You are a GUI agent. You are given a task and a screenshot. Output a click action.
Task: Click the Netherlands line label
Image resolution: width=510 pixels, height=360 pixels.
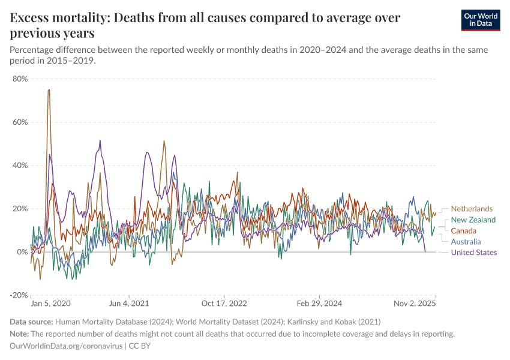coord(472,209)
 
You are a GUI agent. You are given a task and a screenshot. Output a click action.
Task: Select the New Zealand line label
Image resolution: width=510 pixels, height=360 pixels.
coord(473,220)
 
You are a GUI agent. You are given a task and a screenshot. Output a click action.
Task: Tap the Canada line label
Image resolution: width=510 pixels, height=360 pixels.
coord(464,231)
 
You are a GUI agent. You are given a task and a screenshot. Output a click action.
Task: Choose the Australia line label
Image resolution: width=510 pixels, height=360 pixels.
coord(466,242)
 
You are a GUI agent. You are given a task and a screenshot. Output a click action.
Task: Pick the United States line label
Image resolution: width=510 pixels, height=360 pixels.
coord(474,253)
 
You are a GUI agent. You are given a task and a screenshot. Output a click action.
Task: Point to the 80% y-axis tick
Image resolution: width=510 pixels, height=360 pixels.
coord(20,79)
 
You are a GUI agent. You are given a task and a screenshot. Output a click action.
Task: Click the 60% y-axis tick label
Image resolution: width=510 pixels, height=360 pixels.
coord(20,122)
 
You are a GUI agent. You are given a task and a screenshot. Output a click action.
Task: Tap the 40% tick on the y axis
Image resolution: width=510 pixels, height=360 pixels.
coord(20,165)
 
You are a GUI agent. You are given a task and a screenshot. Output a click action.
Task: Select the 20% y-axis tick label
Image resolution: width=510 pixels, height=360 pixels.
coord(20,209)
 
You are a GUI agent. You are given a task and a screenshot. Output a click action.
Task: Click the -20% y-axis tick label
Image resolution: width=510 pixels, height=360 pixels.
coord(19,295)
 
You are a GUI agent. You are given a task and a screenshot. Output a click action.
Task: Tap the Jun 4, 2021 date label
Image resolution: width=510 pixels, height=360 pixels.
coord(128,304)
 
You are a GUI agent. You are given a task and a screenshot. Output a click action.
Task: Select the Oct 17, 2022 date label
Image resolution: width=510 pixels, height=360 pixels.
coord(224,304)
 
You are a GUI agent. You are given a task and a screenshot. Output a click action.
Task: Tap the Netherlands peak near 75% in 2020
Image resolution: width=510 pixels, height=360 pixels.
coord(49,90)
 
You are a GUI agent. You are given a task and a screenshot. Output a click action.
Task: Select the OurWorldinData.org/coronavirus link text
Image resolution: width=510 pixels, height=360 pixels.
coord(66,346)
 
